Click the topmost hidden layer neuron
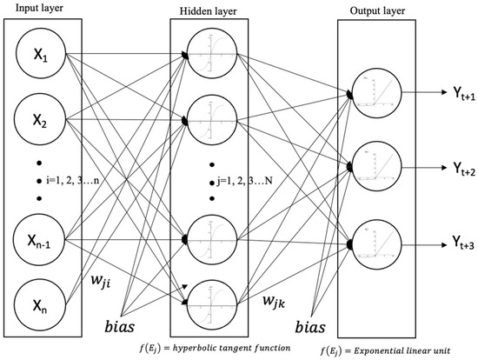(212, 58)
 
